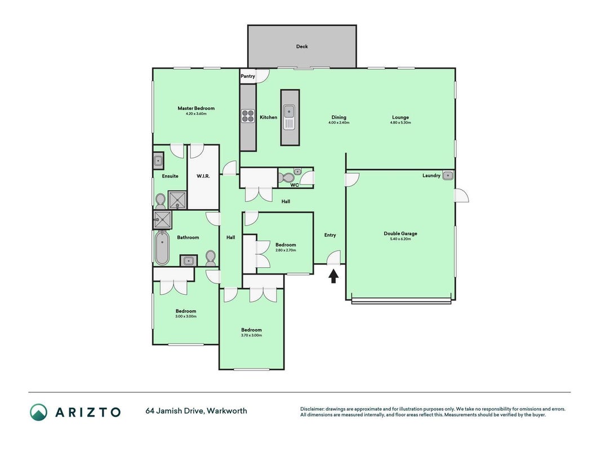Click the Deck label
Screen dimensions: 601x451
tap(302, 46)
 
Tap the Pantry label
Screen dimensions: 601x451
tap(248, 76)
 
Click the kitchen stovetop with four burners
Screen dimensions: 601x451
tap(248, 116)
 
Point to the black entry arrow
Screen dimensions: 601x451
tap(333, 276)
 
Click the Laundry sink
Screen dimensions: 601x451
tap(448, 176)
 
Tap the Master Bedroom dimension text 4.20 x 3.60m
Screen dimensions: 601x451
tap(196, 114)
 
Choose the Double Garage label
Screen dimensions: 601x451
tap(400, 233)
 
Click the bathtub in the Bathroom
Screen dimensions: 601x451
tap(162, 247)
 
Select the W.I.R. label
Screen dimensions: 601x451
tap(203, 176)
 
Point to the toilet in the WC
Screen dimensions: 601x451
tap(286, 178)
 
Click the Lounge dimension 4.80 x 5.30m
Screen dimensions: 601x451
tap(400, 123)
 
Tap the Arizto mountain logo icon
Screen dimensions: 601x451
tap(39, 412)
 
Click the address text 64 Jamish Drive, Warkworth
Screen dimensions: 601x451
tap(196, 411)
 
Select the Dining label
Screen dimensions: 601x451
tap(339, 117)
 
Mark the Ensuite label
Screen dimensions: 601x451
tap(170, 176)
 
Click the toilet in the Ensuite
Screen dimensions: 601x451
tap(160, 201)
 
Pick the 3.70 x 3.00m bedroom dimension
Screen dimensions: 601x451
tap(251, 335)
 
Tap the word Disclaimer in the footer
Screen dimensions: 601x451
tap(312, 409)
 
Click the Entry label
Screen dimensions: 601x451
tap(330, 235)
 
